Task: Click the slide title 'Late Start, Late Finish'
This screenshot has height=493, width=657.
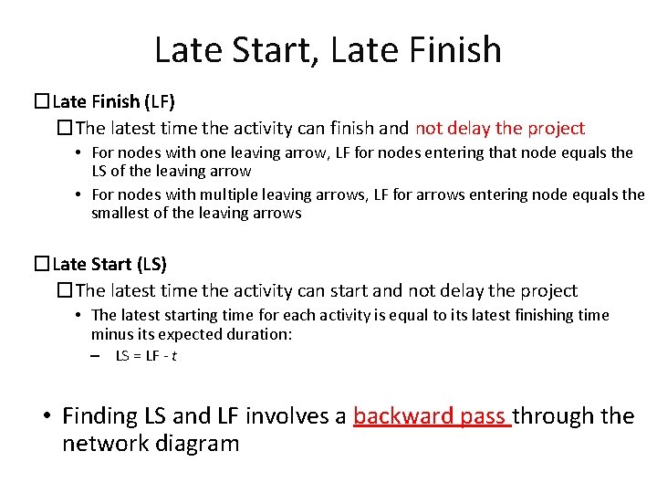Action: pos(328,49)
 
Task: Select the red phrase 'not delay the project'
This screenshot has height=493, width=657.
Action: pos(500,129)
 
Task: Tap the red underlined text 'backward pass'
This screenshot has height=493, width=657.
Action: pos(431,416)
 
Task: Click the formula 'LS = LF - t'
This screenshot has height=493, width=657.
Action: pos(146,356)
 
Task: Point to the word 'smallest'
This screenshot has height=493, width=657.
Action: pos(120,213)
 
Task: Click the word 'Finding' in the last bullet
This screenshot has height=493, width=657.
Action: pos(99,416)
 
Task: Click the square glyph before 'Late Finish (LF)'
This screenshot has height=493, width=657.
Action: pos(42,101)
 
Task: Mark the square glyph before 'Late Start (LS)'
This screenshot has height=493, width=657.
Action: pos(42,265)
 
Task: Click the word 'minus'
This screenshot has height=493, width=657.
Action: pos(110,334)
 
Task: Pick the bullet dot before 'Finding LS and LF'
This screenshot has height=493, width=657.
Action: pos(46,417)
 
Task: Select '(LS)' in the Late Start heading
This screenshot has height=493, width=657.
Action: pos(151,265)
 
